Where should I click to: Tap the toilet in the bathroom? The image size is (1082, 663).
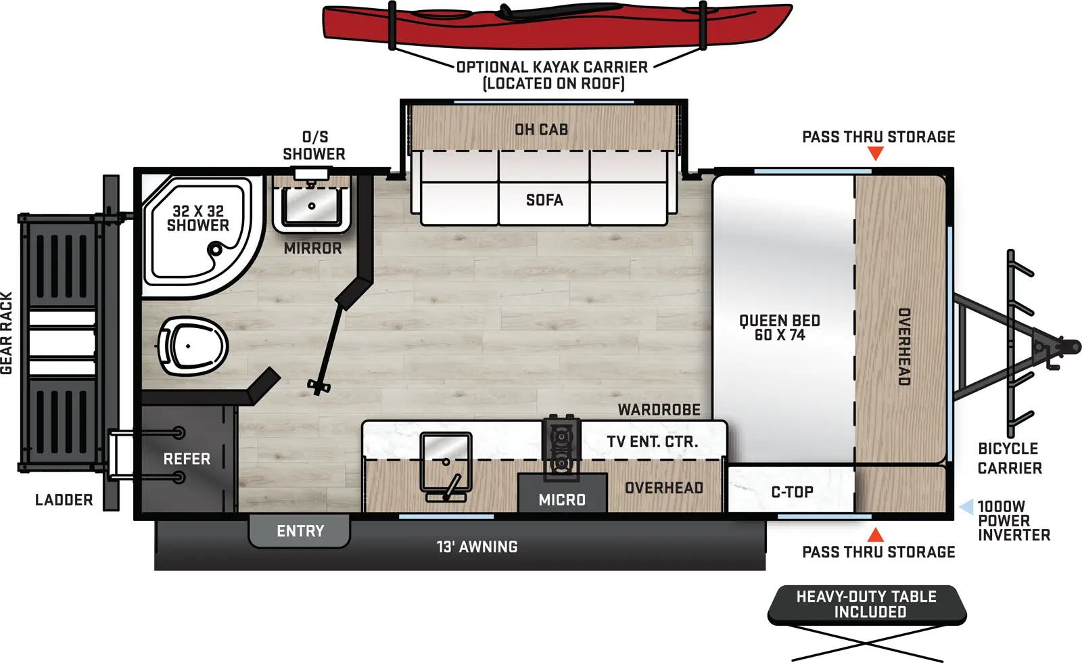(x=193, y=346)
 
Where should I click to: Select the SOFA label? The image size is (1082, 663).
(x=544, y=200)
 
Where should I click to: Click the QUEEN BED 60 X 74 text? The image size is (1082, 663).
(x=779, y=327)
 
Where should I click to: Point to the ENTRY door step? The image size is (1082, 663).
(x=300, y=531)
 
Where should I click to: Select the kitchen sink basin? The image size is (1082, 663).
(x=446, y=461)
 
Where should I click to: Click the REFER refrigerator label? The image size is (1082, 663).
(x=187, y=459)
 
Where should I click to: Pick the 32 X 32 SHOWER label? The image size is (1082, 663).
(x=197, y=219)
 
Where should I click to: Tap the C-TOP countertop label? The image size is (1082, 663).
(x=792, y=492)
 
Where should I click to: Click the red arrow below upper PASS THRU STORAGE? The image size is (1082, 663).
(x=876, y=154)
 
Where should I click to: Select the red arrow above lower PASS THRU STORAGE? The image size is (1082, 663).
(x=876, y=535)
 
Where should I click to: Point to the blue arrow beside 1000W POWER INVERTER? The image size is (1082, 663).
(x=966, y=507)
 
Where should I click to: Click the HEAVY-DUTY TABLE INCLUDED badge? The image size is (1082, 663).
(x=867, y=604)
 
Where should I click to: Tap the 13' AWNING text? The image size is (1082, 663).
(x=477, y=547)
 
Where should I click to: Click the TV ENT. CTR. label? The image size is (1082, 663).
(x=652, y=442)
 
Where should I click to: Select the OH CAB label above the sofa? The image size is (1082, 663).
(x=541, y=129)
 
